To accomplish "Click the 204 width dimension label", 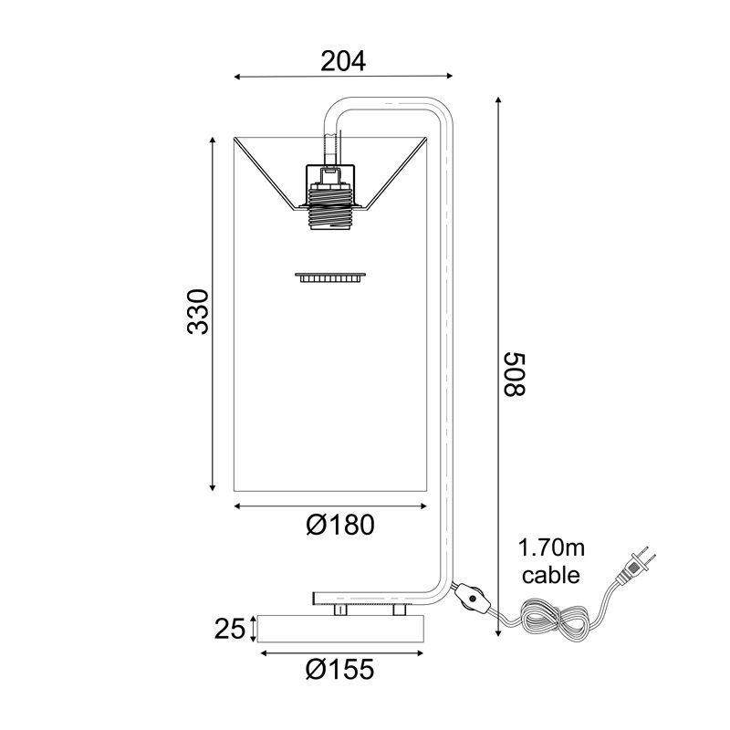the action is click(343, 61).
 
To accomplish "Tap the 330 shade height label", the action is click(197, 311).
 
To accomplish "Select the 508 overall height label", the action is click(515, 374).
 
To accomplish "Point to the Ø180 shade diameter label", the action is click(340, 525).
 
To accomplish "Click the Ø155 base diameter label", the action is click(339, 670).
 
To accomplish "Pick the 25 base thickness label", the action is click(229, 630).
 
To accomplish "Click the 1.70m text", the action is click(551, 548).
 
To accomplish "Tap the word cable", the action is click(551, 575).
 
